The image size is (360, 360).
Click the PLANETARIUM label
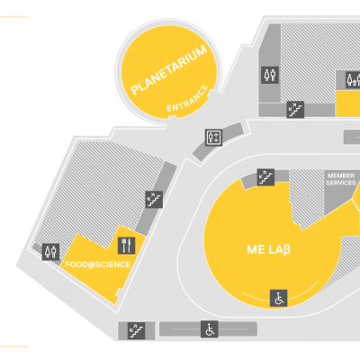169,70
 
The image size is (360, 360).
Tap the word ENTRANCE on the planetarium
187,99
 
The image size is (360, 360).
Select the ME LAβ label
268,249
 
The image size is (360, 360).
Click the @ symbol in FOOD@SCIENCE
91,265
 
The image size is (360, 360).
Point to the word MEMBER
341,175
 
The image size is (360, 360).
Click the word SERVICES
341,183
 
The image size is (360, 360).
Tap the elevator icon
213,138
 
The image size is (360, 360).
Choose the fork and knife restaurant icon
126,246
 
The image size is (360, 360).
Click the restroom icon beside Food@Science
50,252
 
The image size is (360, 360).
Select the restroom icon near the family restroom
270,75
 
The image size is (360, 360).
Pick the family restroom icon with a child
353,79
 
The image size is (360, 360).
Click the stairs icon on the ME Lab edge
265,177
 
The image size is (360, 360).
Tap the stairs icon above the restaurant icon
154,199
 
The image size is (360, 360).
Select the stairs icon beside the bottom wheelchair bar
137,330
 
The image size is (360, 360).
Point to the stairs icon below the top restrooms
295,110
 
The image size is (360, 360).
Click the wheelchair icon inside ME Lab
279,298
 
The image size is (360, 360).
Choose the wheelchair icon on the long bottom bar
210,329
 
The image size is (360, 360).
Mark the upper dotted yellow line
14,17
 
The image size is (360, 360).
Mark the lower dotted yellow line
14,346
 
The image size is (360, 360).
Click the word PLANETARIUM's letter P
136,90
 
